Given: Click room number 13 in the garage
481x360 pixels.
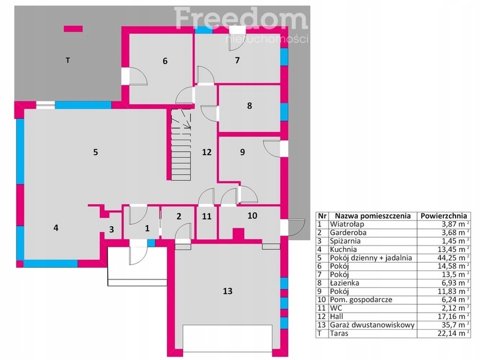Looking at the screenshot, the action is click(228, 291).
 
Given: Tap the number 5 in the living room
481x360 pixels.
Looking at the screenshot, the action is click(95, 152).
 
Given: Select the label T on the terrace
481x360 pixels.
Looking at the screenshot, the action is click(68, 60).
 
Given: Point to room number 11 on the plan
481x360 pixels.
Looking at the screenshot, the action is click(207, 216).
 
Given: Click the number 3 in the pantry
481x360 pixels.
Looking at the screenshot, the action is click(111, 229).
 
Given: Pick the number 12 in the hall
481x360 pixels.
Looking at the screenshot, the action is click(207, 152).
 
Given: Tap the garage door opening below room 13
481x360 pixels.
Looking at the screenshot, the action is click(228, 338).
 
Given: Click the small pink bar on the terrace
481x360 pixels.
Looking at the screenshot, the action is click(73, 29).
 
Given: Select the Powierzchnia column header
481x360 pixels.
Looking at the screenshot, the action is click(443, 215).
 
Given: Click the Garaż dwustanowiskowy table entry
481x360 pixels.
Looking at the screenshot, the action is click(372, 325).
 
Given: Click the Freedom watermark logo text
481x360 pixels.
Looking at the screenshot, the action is click(241, 18).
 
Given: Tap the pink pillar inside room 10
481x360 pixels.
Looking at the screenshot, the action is click(238, 234).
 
